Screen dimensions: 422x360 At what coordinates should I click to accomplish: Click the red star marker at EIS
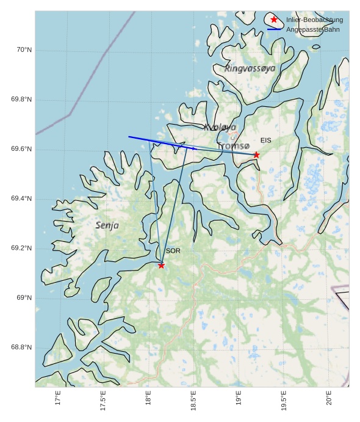pos(256,155)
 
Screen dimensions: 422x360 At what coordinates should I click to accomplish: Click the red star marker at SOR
pos(161,265)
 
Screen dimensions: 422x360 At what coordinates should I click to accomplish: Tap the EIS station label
pos(265,140)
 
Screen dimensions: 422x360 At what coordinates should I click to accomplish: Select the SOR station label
pos(173,251)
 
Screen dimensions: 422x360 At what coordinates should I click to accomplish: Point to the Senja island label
pos(107,225)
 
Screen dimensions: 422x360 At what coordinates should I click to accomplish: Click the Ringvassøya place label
pos(250,68)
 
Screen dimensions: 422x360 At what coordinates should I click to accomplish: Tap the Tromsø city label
pos(234,145)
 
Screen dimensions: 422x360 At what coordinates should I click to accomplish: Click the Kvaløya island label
pos(220,127)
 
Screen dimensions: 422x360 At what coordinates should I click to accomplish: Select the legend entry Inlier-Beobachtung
pos(314,20)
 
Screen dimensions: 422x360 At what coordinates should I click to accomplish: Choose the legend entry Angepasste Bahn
pos(313,29)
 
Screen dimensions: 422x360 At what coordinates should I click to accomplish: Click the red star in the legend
pos(274,20)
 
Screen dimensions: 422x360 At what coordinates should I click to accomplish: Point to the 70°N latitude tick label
pos(23,50)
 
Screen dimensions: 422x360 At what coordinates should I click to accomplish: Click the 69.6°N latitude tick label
pos(21,150)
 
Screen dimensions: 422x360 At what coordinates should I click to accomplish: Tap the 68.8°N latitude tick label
pos(21,348)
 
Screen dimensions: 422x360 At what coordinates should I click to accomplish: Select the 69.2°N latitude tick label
pos(21,249)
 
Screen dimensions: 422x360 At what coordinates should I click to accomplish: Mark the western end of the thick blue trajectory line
pos(129,137)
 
